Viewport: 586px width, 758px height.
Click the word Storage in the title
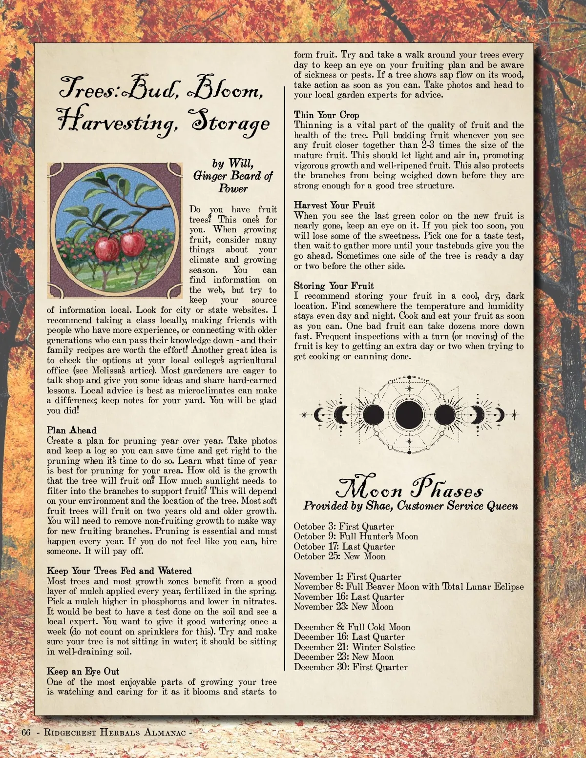coord(230,123)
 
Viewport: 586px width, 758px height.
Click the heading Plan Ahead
coord(72,430)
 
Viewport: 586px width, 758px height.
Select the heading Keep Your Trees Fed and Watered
coord(119,571)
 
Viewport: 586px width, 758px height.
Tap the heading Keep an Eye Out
coord(83,672)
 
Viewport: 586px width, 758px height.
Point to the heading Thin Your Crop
coord(326,115)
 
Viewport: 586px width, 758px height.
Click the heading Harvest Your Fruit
coord(334,205)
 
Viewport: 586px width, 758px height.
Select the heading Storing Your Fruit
coord(334,286)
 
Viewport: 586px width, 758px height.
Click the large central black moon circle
coord(409,415)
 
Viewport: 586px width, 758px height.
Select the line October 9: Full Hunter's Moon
coord(356,536)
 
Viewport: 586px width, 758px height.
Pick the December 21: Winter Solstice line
coord(354,647)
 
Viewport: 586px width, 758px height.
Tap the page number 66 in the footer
coord(26,732)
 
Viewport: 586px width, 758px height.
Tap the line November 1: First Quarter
coord(347,577)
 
